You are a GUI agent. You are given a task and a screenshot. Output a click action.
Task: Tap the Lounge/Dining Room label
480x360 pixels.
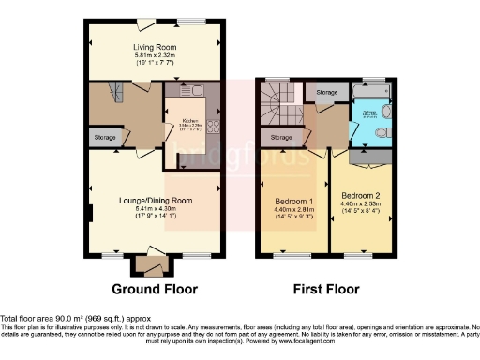pyautogui.click(x=155, y=201)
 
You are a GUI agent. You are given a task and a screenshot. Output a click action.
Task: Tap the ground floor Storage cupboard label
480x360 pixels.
pyautogui.click(x=105, y=138)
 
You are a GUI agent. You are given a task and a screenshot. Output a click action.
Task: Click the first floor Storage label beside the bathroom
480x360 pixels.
pyautogui.click(x=326, y=93)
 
